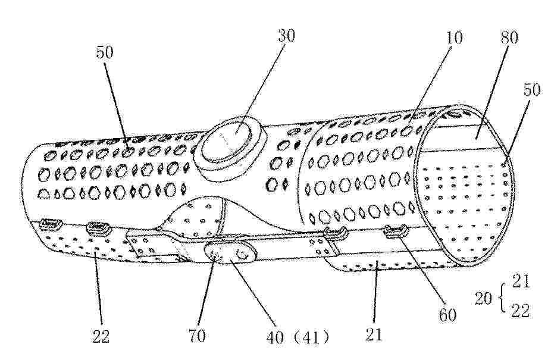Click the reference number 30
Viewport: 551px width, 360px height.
point(286,36)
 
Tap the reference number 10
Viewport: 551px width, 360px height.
point(454,37)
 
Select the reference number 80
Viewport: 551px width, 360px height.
point(509,37)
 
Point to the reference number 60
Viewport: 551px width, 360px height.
point(447,315)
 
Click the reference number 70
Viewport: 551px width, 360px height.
point(197,336)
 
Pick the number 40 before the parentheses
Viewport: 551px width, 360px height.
point(275,337)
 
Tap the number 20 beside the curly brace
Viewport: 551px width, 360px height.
point(483,299)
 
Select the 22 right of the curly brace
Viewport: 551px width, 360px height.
point(520,311)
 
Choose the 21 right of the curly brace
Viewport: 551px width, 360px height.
point(521,281)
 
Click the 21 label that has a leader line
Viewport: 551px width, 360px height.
point(374,334)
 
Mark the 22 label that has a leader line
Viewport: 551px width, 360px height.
point(101,336)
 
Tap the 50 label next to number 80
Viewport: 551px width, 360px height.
point(532,90)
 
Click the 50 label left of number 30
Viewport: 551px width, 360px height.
point(105,52)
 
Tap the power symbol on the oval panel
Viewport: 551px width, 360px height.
point(242,254)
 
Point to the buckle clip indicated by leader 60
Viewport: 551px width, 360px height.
point(396,231)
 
